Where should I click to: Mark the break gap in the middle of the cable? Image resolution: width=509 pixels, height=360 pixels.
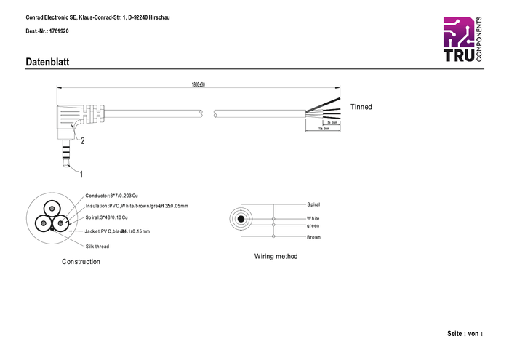(208, 113)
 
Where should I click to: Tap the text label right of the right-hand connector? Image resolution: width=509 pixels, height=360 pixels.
(361, 107)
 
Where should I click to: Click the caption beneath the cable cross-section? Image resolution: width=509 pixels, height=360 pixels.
(81, 262)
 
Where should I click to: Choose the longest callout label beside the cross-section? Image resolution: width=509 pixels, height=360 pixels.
(138, 206)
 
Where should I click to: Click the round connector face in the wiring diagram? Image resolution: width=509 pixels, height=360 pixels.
(239, 219)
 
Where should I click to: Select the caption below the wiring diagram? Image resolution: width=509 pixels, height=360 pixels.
(276, 256)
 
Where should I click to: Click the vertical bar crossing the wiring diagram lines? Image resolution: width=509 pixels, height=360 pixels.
(274, 220)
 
